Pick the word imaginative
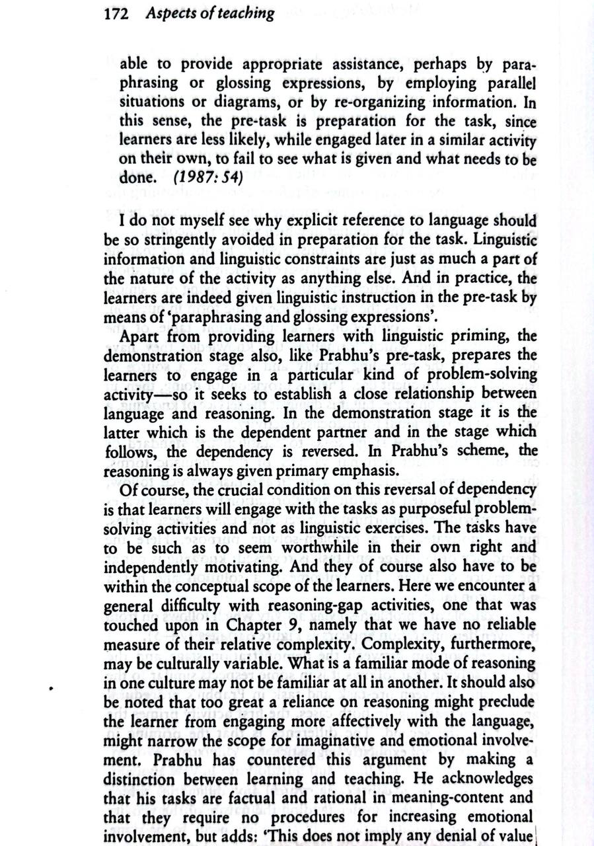[x=371, y=738]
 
